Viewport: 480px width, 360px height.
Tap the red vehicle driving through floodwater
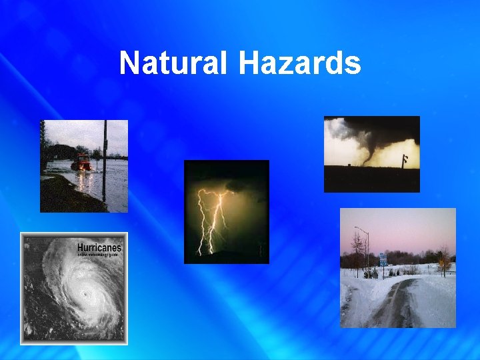(81, 162)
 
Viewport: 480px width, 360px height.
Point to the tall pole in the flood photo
(104, 160)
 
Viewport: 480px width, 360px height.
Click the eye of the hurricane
(85, 293)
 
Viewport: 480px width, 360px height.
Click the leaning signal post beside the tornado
(404, 159)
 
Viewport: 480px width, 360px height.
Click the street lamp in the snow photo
(365, 247)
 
